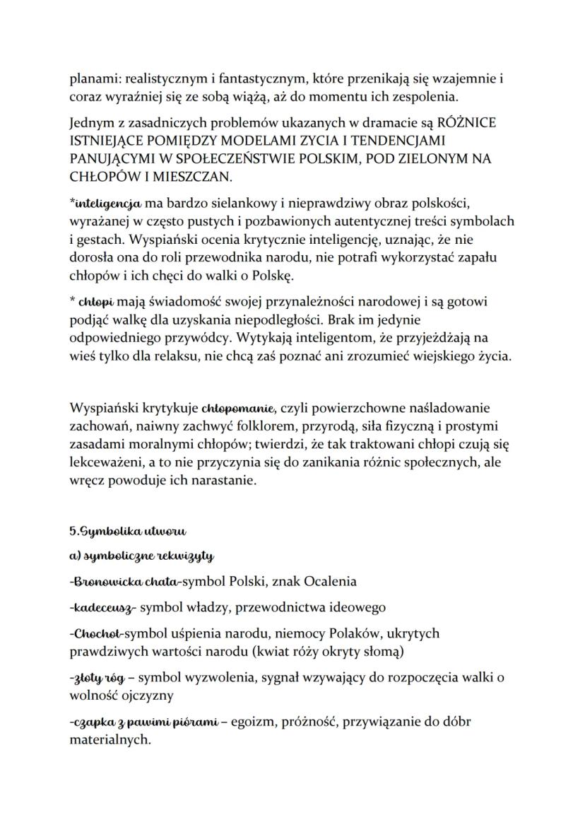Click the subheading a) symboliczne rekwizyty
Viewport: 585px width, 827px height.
[141, 557]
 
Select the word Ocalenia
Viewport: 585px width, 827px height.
[331, 582]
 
